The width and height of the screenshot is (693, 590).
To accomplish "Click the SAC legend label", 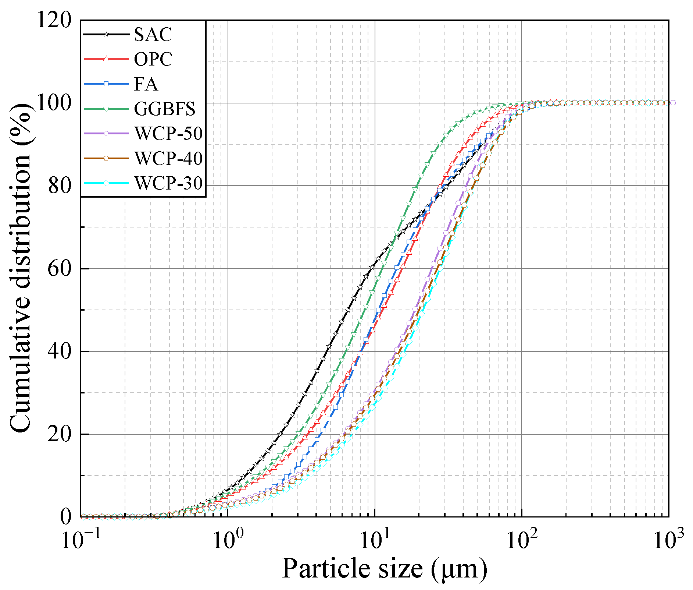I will pyautogui.click(x=153, y=35).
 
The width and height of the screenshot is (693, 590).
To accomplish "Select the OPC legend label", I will pyautogui.click(x=153, y=59).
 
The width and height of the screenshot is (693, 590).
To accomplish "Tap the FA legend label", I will pyautogui.click(x=146, y=84).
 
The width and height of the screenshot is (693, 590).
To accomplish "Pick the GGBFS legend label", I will pyautogui.click(x=164, y=109).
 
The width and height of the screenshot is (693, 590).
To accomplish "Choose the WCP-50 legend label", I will pyautogui.click(x=168, y=134).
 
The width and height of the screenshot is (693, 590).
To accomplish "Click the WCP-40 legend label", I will pyautogui.click(x=168, y=158).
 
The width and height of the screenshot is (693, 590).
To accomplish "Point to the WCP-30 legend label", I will pyautogui.click(x=168, y=183).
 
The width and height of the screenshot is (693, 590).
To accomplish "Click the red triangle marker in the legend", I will pyautogui.click(x=106, y=59).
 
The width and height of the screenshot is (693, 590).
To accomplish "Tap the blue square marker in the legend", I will pyautogui.click(x=106, y=84).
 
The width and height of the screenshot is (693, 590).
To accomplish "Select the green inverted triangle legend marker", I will pyautogui.click(x=106, y=109).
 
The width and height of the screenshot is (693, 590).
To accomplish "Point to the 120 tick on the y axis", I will pyautogui.click(x=54, y=20).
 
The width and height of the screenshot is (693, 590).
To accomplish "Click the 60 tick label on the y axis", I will pyautogui.click(x=60, y=268).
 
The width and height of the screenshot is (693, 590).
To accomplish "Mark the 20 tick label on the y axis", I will pyautogui.click(x=60, y=434).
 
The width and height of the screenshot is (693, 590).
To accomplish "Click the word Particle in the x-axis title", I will pyautogui.click(x=324, y=569).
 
